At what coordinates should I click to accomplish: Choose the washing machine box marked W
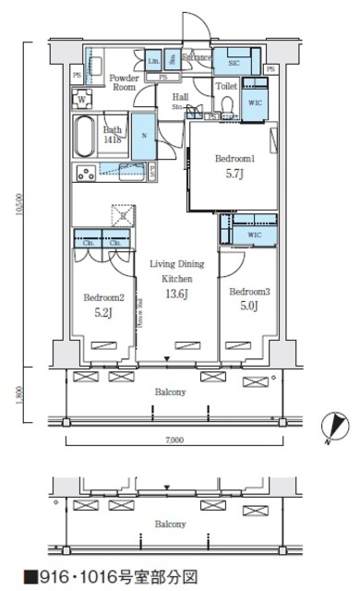(84, 99)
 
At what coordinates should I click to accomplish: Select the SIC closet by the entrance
(233, 61)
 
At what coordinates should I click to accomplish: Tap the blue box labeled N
(143, 137)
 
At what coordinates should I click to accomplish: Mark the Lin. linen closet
(152, 61)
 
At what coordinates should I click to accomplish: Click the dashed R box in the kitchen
(123, 214)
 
